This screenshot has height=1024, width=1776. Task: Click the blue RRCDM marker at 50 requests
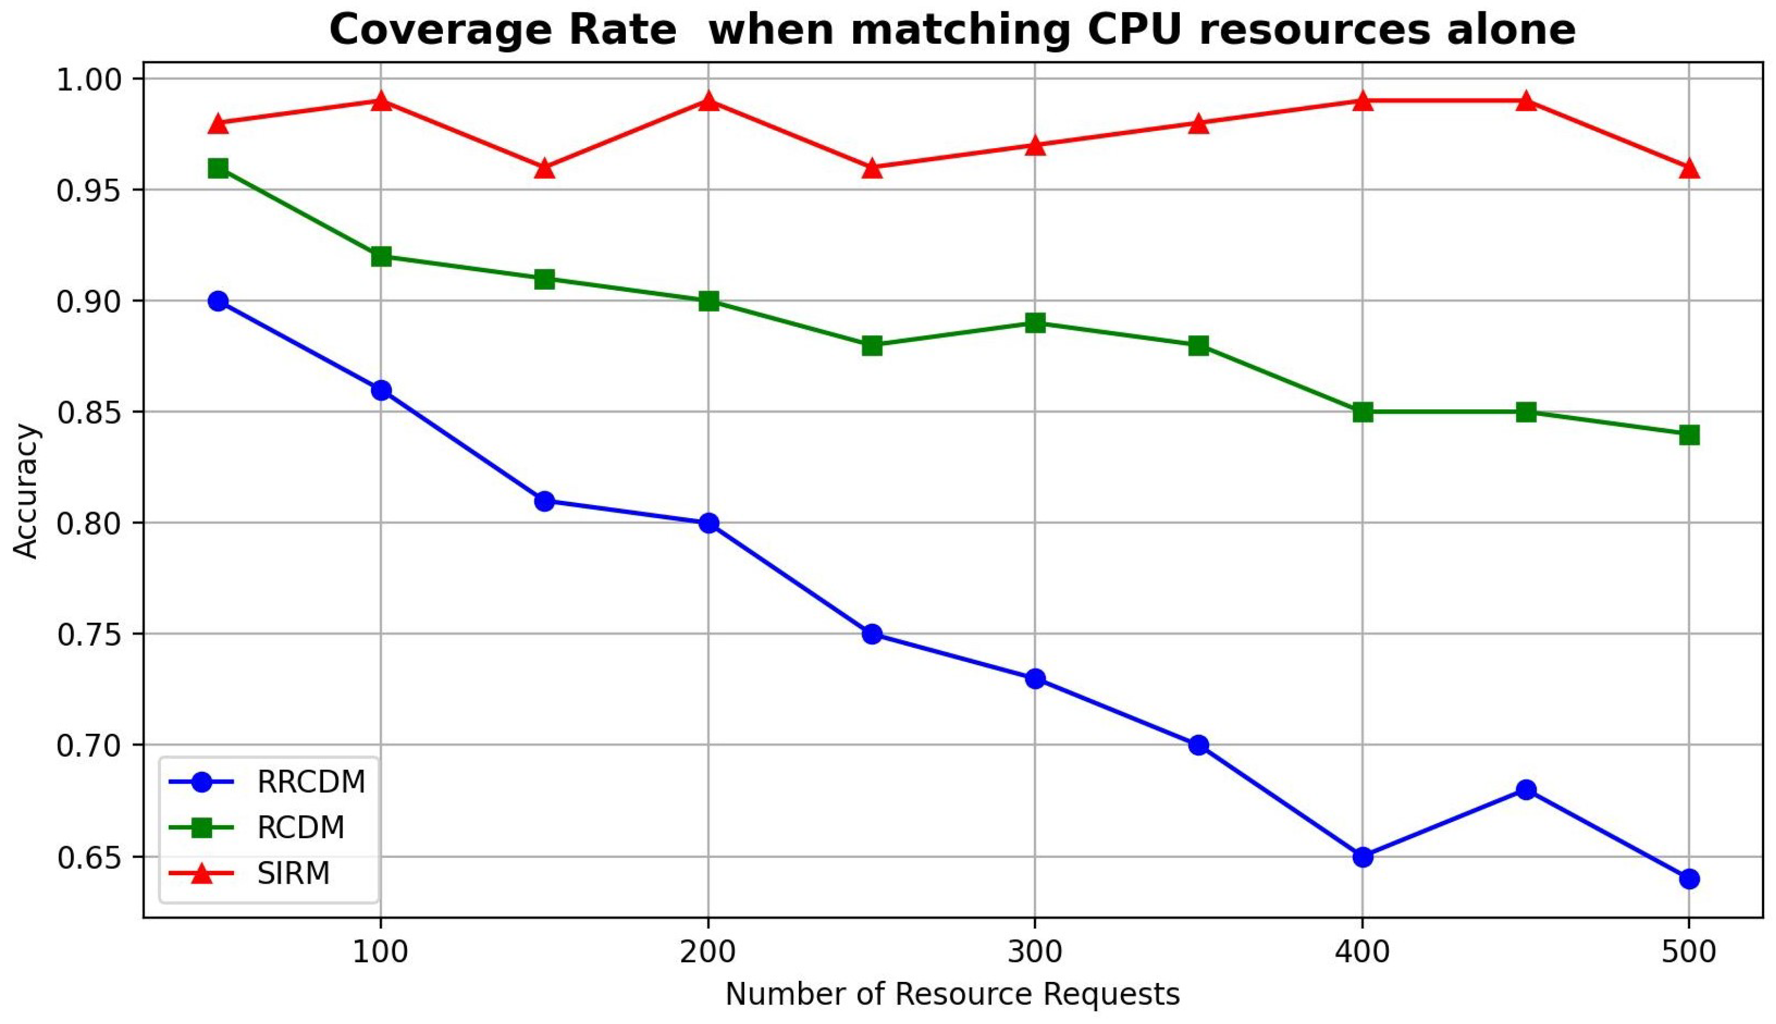[218, 301]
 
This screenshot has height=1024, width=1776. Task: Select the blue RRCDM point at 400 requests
[1362, 857]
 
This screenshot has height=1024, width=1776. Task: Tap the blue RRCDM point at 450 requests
[1526, 790]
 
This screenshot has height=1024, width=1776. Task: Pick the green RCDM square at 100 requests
[381, 256]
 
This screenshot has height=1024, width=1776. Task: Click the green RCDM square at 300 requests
[1035, 323]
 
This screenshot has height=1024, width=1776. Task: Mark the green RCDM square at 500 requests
[1690, 435]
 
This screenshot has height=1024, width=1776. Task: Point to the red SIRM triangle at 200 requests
[708, 101]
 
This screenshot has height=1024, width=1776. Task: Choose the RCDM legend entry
[300, 828]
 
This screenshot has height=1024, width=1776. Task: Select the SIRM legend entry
[293, 874]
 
